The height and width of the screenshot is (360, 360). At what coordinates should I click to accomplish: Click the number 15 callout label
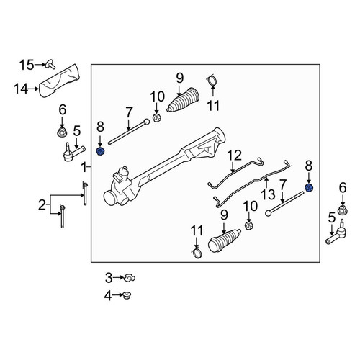(27, 65)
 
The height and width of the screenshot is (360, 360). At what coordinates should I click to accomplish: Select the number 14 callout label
(21, 89)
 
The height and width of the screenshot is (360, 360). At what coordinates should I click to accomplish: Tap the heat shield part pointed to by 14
(60, 81)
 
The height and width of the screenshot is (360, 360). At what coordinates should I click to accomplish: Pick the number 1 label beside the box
(84, 167)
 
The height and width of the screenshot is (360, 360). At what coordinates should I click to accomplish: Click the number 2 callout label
(42, 205)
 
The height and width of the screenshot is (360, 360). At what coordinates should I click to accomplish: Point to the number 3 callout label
(109, 278)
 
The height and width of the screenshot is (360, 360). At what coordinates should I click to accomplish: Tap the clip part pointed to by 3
(129, 278)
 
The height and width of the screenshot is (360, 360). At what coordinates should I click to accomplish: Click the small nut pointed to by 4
(126, 295)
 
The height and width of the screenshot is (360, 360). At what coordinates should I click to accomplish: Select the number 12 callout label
(235, 156)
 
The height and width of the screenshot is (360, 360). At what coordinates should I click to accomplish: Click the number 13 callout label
(268, 194)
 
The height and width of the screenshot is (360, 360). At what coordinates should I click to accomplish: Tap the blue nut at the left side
(100, 152)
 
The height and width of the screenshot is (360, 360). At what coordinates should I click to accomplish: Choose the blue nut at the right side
(309, 188)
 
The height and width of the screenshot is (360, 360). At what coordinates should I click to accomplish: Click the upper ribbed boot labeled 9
(183, 100)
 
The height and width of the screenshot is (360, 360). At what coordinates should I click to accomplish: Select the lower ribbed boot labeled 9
(225, 240)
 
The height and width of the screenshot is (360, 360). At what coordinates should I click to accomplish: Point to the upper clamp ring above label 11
(212, 80)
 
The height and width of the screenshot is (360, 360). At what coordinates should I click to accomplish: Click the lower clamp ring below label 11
(197, 253)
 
